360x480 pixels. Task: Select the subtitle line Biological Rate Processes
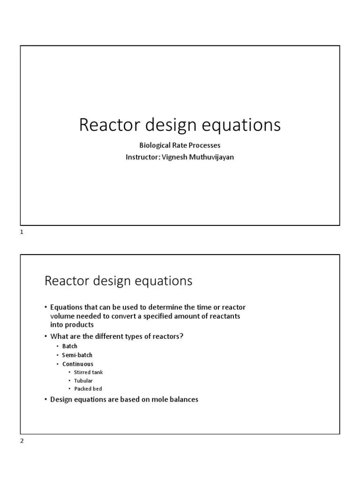[x=180, y=146]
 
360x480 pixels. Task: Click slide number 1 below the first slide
[x=22, y=232]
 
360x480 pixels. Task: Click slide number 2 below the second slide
[x=22, y=441]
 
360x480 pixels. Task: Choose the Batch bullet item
[x=70, y=346]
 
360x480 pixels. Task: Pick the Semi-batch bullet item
[x=77, y=355]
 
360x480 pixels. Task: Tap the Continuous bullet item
[x=78, y=364]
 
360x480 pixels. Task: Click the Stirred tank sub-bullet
[x=88, y=373]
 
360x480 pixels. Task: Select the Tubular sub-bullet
[x=83, y=381]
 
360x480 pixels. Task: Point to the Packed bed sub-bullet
[x=88, y=389]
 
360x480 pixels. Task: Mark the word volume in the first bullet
[x=61, y=316]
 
